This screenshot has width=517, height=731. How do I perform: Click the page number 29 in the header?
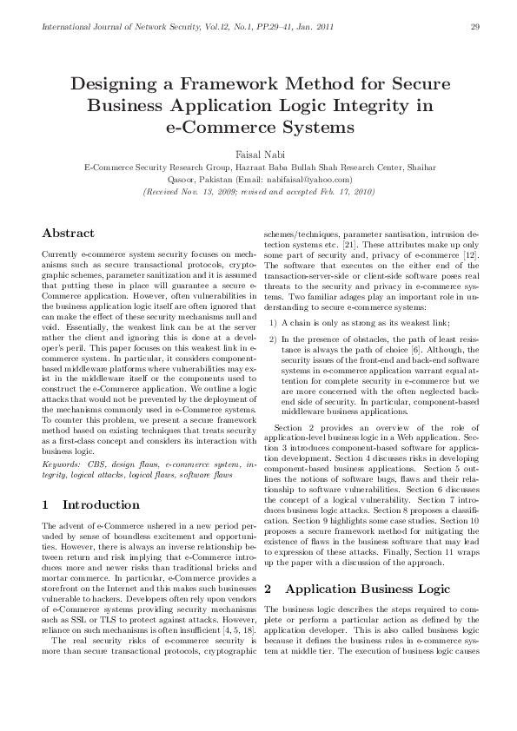475,25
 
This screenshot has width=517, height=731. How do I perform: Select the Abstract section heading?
69,233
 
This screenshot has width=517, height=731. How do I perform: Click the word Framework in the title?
246,85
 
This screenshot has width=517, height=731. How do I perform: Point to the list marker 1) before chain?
273,323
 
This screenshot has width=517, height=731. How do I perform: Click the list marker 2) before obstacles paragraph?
273,335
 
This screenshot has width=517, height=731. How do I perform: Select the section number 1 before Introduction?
45,504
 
